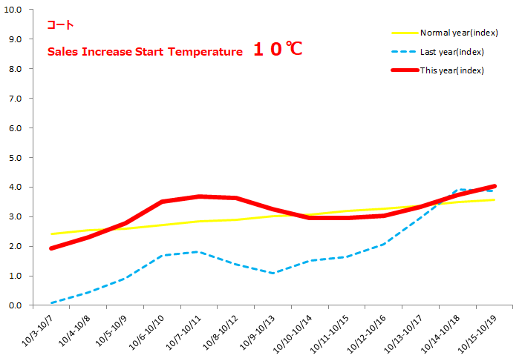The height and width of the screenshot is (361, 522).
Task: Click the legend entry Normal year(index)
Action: pyautogui.click(x=458, y=33)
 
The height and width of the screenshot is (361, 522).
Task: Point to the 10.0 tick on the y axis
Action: pyautogui.click(x=13, y=10)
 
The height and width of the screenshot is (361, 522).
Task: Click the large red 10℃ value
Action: pyautogui.click(x=277, y=50)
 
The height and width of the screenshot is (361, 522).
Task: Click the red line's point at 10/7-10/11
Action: pyautogui.click(x=199, y=196)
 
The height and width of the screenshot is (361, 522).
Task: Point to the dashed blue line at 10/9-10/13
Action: pyautogui.click(x=273, y=274)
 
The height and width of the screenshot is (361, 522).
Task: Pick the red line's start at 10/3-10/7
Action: pyautogui.click(x=51, y=248)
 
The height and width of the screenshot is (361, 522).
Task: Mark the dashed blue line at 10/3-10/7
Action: pyautogui.click(x=52, y=303)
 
